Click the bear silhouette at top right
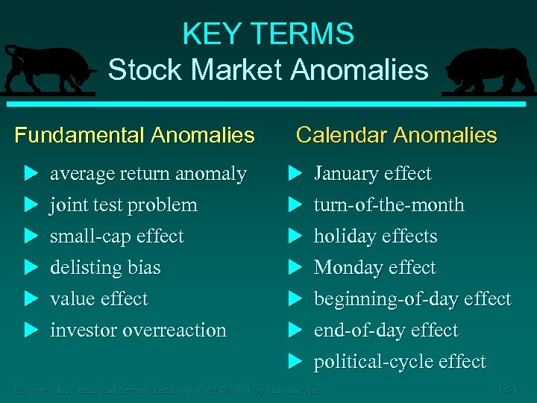[x=488, y=72]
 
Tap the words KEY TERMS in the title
[x=268, y=34]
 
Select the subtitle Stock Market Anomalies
[x=268, y=70]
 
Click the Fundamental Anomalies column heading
[x=134, y=135]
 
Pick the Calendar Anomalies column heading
[x=396, y=135]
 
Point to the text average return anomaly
[x=148, y=174]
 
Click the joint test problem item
[x=123, y=205]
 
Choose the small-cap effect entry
[x=116, y=237]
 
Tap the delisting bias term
[x=105, y=268]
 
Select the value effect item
[x=98, y=299]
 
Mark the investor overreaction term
[x=138, y=331]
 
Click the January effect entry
[x=372, y=174]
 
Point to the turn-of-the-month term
[x=389, y=205]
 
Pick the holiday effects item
[x=375, y=237]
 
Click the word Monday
[x=344, y=268]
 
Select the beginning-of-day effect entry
[x=412, y=299]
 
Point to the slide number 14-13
[x=511, y=390]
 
